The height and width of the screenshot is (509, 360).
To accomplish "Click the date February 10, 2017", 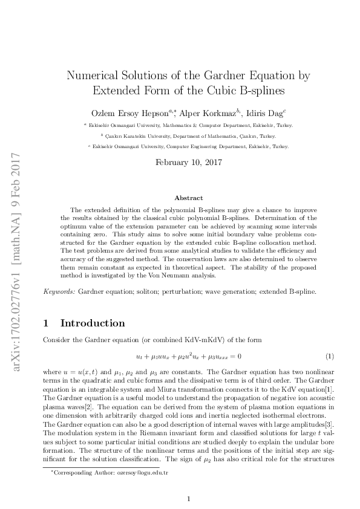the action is tap(189, 162).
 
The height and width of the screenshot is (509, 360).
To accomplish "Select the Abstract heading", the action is tap(189, 198).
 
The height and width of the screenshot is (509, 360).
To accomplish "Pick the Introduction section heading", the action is tap(93, 323).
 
